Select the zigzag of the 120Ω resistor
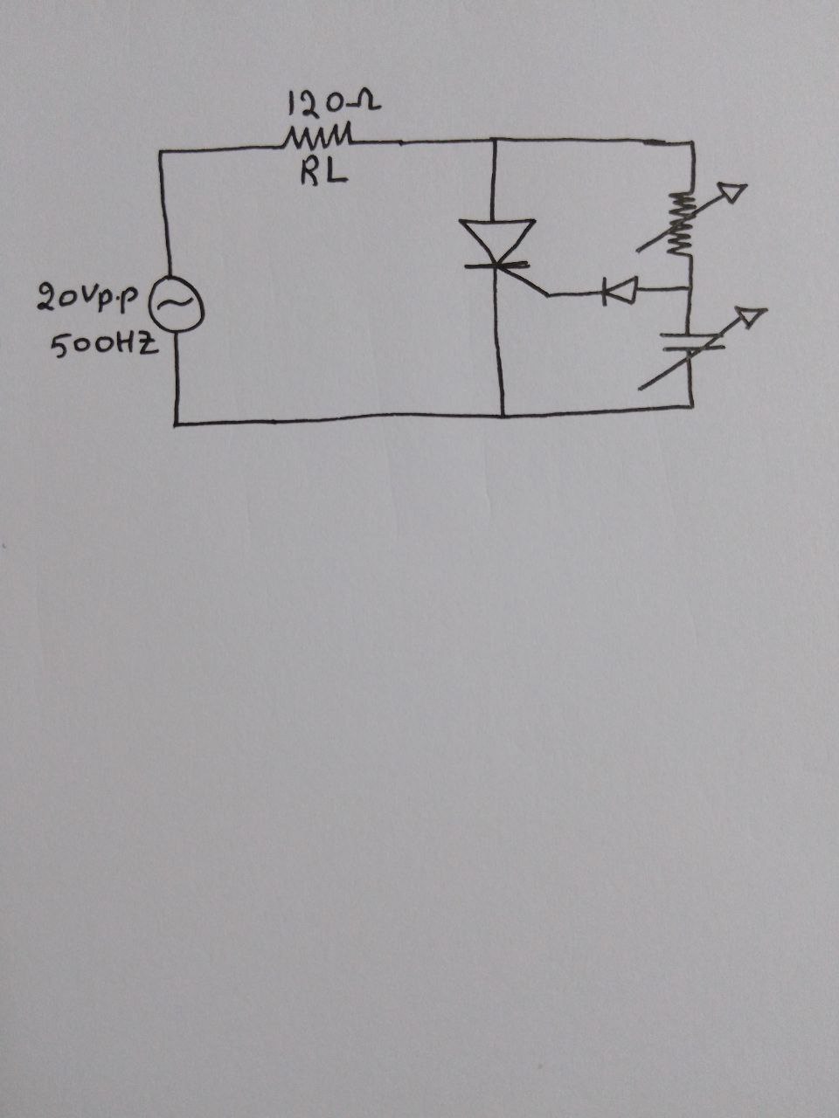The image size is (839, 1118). pyautogui.click(x=318, y=139)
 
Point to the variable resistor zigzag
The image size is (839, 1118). pyautogui.click(x=681, y=224)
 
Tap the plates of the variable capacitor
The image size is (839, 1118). pyautogui.click(x=690, y=341)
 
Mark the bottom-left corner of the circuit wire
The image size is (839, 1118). pyautogui.click(x=176, y=424)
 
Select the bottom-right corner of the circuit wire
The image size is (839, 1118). pyautogui.click(x=691, y=406)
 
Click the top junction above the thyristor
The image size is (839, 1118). pyautogui.click(x=495, y=139)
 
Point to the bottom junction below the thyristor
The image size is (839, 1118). pyautogui.click(x=502, y=416)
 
